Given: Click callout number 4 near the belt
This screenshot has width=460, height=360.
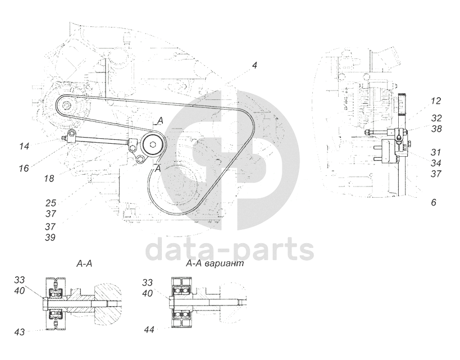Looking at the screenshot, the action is (254, 66).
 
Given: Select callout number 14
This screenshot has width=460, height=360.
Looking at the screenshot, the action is (24, 147).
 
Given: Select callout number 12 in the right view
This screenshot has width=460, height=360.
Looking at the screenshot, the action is (436, 101).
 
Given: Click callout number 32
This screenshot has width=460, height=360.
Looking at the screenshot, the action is (436, 119).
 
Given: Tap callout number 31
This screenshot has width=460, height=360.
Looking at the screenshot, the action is (436, 152).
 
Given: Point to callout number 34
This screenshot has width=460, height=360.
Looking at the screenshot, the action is (436, 163).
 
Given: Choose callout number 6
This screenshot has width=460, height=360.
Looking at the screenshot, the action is (434, 202).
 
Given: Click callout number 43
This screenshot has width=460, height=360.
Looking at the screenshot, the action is (20, 332).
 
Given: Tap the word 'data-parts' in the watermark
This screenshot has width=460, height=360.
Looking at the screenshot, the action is (229, 250).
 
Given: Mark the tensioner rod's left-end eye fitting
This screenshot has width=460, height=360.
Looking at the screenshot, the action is (71, 135).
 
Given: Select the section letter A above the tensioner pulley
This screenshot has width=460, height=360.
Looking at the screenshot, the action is (160, 121).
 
